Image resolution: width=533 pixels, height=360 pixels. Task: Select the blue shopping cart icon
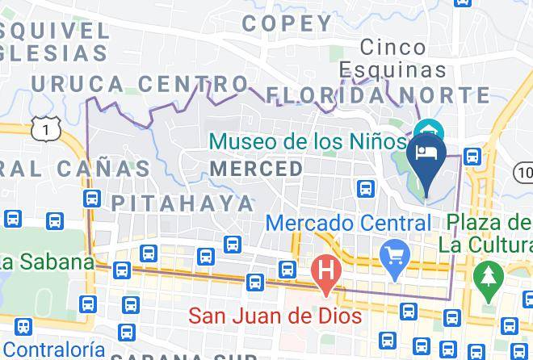point(395,262)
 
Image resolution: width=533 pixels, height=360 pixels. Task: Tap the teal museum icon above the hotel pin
point(428,130)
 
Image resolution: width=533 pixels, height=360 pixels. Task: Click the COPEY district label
point(287,23)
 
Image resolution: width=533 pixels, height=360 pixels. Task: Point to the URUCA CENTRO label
point(140,83)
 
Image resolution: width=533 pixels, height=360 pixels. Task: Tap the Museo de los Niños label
point(307,142)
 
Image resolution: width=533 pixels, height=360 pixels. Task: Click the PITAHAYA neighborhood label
point(183,201)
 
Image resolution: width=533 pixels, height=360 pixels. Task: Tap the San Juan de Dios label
point(275,316)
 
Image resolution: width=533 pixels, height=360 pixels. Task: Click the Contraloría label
point(53,349)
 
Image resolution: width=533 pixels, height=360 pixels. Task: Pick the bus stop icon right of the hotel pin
point(474,156)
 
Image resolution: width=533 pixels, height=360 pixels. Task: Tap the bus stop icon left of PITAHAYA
point(91,198)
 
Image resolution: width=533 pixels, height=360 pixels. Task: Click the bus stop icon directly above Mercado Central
point(366,189)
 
